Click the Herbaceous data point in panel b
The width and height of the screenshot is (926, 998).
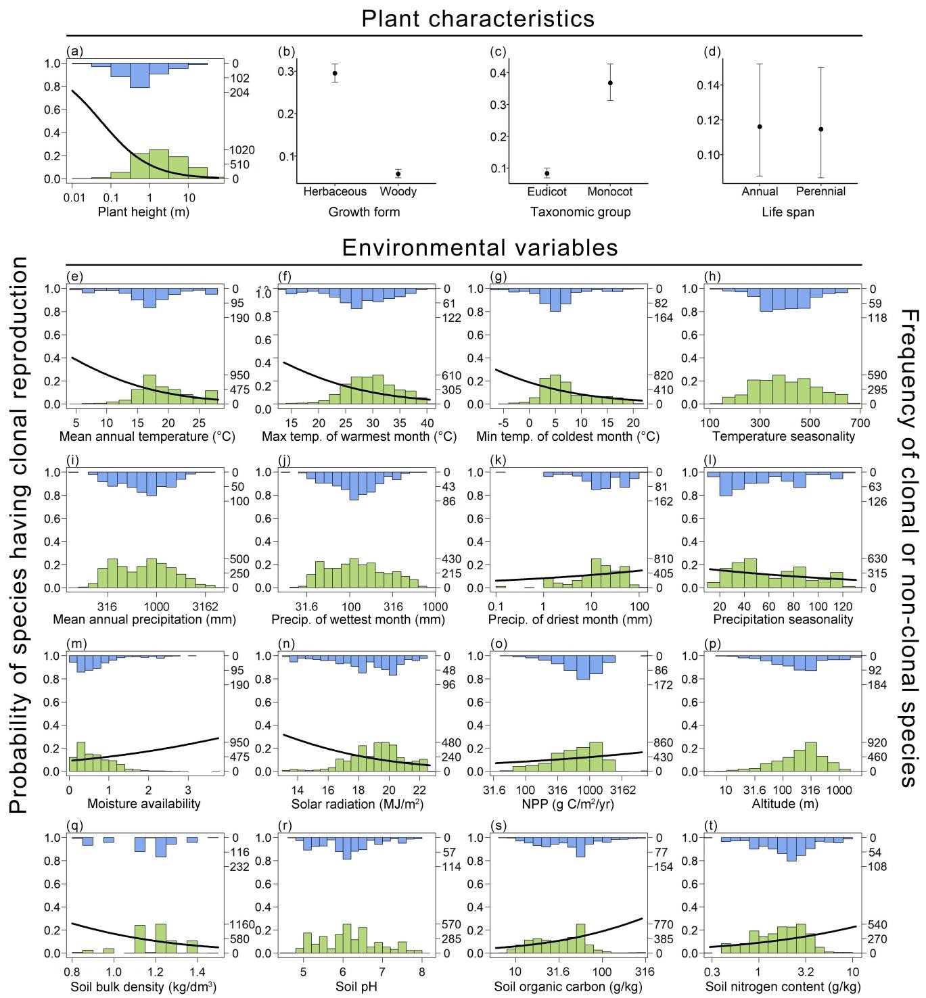[x=335, y=73]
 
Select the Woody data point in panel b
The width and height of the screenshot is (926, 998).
[x=398, y=174]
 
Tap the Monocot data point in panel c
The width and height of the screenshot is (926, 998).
[x=609, y=82]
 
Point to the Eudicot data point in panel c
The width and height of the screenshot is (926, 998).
[x=547, y=173]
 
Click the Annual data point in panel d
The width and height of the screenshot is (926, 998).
[x=760, y=126]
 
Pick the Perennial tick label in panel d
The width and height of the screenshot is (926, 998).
[x=821, y=191]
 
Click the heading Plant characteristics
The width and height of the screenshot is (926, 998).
[x=478, y=18]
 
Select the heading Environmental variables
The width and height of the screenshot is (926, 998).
[x=480, y=247]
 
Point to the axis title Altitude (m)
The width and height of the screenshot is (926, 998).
[x=783, y=804]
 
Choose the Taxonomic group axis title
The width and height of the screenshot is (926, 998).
[x=580, y=212]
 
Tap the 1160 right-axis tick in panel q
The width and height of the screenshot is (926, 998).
[x=241, y=924]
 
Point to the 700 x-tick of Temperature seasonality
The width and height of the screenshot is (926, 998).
[x=860, y=423]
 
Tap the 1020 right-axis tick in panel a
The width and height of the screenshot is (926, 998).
[x=241, y=150]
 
